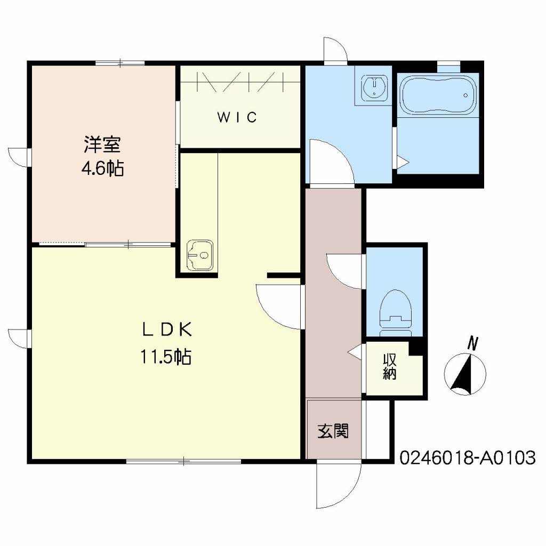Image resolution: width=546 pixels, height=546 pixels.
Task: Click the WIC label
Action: pos(237,117)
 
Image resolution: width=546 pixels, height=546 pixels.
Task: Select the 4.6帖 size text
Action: pos(102,169)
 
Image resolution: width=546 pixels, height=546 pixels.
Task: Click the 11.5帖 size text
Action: pos(166,356)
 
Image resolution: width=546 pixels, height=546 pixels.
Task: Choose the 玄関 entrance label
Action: pos(334,431)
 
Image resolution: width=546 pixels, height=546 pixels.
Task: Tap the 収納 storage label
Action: pos(389,367)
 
